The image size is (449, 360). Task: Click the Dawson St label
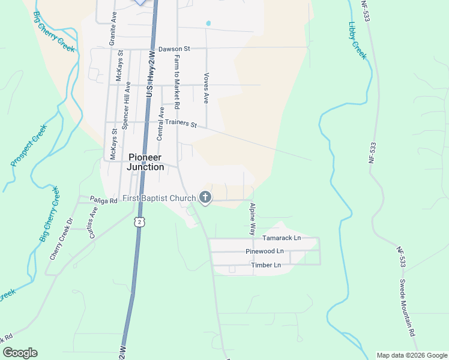[x=173, y=49]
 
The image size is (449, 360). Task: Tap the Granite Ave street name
[x=112, y=28]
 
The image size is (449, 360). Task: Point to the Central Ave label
[x=160, y=124]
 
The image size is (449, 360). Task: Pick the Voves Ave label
[x=206, y=88]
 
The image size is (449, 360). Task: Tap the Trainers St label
[x=181, y=123]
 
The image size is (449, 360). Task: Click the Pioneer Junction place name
[x=146, y=162]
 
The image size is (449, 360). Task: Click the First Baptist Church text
[x=159, y=199]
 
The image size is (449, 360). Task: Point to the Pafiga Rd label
[x=103, y=201]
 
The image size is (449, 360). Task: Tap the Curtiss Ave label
[x=93, y=223]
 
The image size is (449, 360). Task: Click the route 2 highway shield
[x=139, y=222]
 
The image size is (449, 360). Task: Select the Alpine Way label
[x=253, y=218]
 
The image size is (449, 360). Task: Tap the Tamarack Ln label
[x=282, y=238]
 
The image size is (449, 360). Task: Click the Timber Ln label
[x=266, y=265]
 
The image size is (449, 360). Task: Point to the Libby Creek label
[x=357, y=40]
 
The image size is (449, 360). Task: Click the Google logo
[x=20, y=353]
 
